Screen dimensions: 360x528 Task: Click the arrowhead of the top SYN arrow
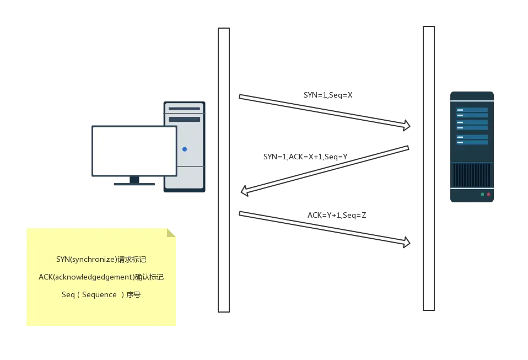point(407,126)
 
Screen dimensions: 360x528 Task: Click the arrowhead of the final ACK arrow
point(407,243)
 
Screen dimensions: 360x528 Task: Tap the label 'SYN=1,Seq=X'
point(328,95)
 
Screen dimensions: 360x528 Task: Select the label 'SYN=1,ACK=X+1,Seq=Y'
point(305,157)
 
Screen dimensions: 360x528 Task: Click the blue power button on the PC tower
point(185,149)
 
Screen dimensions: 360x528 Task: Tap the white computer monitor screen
point(134,151)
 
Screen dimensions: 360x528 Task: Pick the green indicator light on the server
point(482,195)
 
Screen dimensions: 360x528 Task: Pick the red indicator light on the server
point(488,195)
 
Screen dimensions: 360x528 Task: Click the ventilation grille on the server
point(471,175)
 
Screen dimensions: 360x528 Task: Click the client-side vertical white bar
point(223,170)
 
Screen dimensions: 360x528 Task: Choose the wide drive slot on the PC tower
point(185,119)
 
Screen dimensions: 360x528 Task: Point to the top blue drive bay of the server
point(472,110)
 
